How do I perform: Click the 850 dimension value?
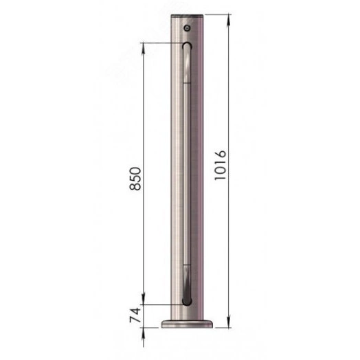135,179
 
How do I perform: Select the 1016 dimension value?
221,165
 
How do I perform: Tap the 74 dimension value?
135,315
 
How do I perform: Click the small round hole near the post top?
188,28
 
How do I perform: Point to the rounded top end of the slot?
187,45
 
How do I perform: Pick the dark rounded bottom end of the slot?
187,301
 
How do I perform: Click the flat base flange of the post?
187,324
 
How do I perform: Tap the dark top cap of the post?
187,16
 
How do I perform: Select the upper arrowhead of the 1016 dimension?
229,20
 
